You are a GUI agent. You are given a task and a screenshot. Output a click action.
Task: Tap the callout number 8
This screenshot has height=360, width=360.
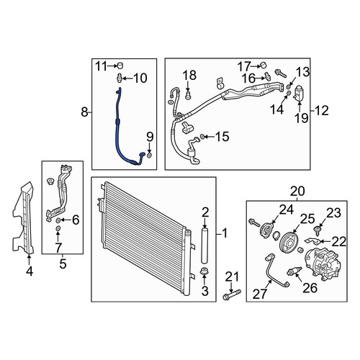click(84, 112)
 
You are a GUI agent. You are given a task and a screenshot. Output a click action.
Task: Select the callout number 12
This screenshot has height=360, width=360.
click(321, 111)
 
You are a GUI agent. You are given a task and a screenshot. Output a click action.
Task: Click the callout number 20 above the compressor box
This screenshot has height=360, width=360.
click(297, 192)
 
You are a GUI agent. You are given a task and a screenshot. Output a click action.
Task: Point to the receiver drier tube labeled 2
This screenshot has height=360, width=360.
click(204, 246)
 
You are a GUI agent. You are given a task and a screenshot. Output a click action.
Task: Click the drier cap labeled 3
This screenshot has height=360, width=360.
click(204, 272)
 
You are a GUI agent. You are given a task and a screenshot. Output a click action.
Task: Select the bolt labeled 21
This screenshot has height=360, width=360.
click(232, 294)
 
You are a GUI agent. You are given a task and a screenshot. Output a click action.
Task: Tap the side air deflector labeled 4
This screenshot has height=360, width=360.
click(24, 218)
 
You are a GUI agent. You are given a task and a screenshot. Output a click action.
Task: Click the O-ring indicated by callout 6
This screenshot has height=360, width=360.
click(58, 220)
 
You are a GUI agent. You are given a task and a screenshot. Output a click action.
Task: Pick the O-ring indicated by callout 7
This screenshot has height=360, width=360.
click(58, 228)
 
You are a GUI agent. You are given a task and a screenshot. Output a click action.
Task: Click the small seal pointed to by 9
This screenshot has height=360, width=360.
click(149, 156)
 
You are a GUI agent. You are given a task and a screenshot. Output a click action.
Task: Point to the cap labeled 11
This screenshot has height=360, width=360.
click(120, 66)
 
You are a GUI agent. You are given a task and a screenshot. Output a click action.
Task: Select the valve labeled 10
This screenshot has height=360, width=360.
click(120, 78)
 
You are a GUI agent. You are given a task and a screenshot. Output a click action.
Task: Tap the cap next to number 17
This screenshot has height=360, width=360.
click(264, 66)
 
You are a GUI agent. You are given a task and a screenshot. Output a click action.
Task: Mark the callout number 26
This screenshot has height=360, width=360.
click(310, 287)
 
